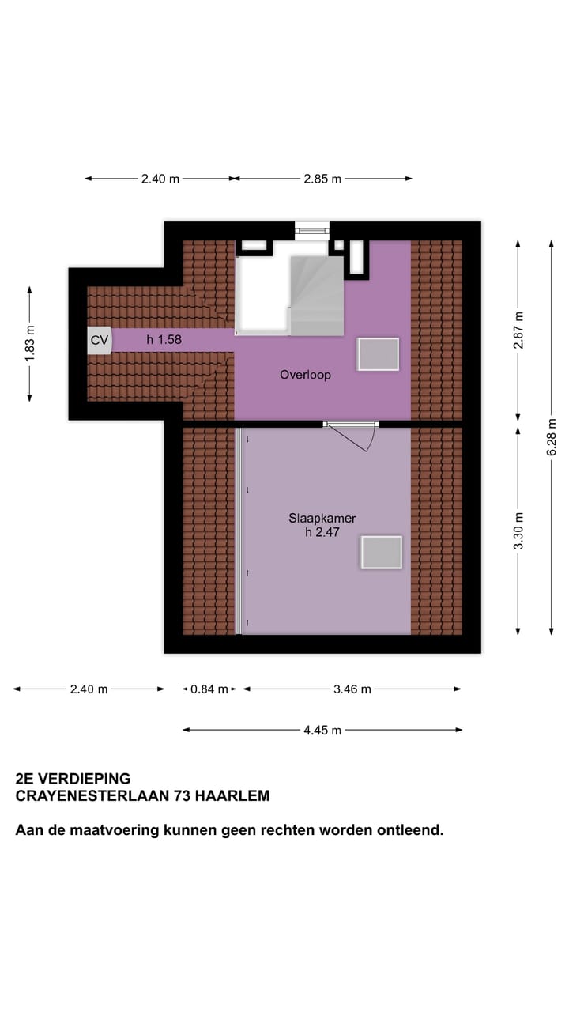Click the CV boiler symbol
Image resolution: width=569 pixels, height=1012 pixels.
click(100, 341)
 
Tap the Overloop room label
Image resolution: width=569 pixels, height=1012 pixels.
click(305, 375)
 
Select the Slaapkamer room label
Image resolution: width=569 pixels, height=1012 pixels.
click(322, 519)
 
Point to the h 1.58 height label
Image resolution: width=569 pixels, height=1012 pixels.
click(164, 340)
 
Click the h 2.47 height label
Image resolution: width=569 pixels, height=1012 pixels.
click(322, 533)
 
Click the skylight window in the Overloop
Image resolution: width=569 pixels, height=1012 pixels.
click(378, 354)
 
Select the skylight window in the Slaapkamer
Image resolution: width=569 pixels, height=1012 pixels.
click(382, 552)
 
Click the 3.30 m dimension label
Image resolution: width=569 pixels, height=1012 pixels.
click(518, 531)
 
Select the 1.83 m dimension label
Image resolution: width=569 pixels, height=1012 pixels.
click(30, 344)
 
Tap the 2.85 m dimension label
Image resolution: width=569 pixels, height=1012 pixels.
click(322, 179)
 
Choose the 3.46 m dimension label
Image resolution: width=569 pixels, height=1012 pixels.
click(352, 689)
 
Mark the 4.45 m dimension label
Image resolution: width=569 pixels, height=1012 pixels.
click(322, 731)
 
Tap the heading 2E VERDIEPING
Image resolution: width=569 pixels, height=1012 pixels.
click(73, 779)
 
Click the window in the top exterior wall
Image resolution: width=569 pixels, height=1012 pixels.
click(311, 229)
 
